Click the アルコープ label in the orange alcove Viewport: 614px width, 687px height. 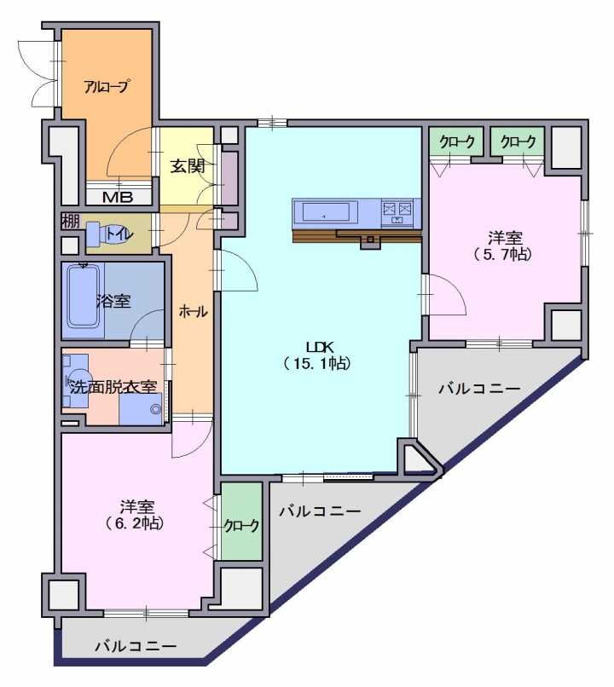tap(107, 86)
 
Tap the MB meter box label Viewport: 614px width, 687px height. tap(118, 197)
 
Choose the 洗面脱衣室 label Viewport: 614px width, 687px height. tap(113, 387)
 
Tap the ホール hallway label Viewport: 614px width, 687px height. tap(193, 312)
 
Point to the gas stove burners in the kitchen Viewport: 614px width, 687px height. tap(397, 211)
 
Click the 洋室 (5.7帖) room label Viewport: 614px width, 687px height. tap(505, 246)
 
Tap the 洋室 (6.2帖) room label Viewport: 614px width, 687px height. tap(136, 515)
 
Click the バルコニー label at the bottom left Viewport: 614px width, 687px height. tap(136, 646)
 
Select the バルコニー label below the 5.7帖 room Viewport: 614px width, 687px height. tap(480, 388)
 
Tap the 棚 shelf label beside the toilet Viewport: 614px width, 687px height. tap(70, 221)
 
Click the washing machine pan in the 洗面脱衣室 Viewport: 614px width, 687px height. tap(141, 409)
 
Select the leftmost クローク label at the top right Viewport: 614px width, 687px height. tap(457, 141)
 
